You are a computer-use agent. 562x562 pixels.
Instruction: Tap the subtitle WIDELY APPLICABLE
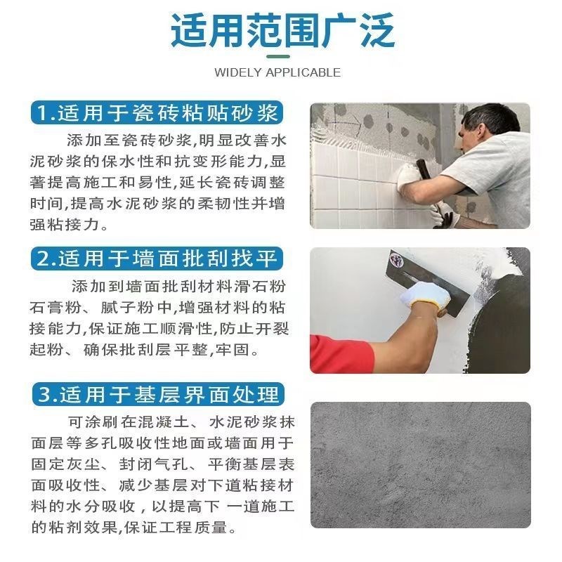tap(277, 72)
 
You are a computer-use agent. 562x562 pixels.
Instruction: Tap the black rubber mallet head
tap(423, 169)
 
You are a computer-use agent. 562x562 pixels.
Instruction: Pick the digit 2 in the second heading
tap(44, 259)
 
